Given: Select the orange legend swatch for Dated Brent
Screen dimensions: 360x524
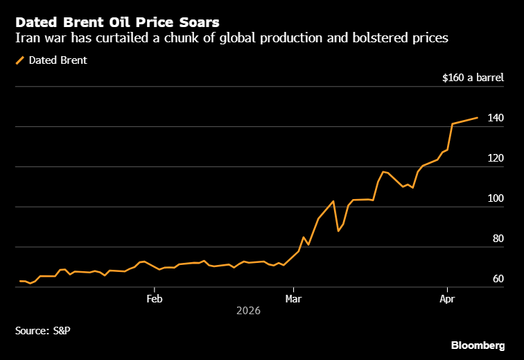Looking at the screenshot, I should pyautogui.click(x=19, y=60).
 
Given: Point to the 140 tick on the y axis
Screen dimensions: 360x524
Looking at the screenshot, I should pyautogui.click(x=495, y=118).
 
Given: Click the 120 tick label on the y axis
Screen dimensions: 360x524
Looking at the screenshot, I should pyautogui.click(x=495, y=158).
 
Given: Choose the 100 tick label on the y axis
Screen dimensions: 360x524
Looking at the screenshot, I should pyautogui.click(x=495, y=198).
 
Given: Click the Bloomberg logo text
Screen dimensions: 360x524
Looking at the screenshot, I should pyautogui.click(x=478, y=345).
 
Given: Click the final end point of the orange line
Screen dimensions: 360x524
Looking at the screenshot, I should pyautogui.click(x=478, y=118).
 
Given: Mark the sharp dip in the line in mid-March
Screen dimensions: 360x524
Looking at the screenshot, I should pyautogui.click(x=338, y=230).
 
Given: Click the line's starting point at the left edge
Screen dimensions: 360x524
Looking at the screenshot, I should pyautogui.click(x=19, y=281).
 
